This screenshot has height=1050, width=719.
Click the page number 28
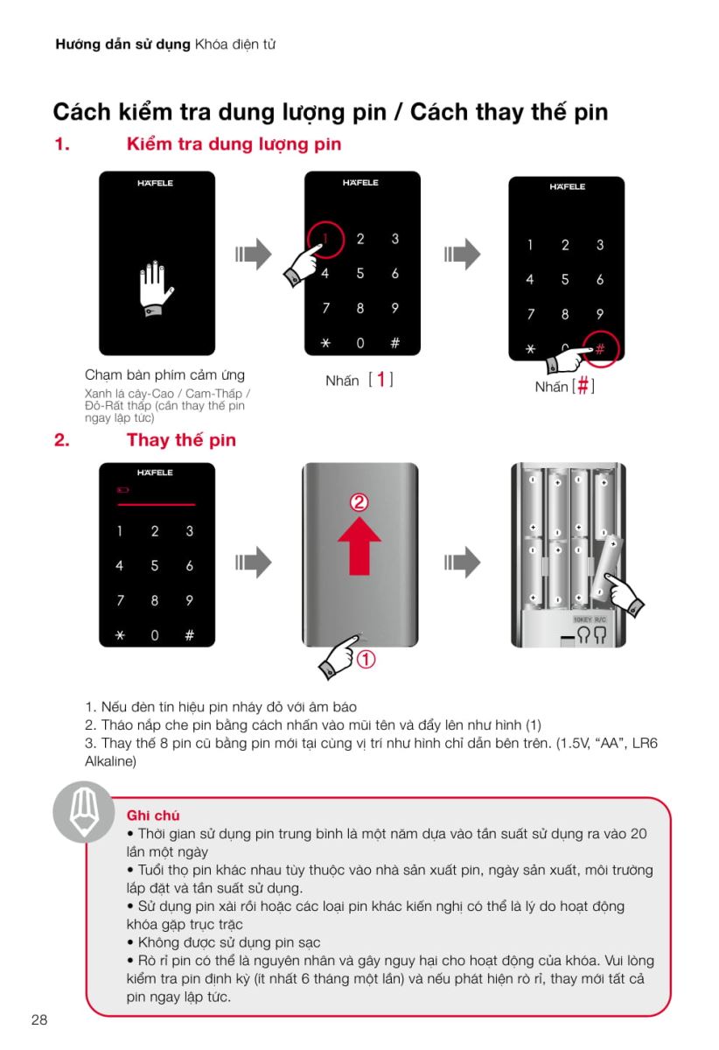point(38,1019)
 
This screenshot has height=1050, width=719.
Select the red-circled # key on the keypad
point(600,348)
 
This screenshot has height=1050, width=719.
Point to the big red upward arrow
point(359,543)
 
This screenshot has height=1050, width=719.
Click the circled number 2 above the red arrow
point(359,503)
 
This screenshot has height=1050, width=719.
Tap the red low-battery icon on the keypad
point(122,491)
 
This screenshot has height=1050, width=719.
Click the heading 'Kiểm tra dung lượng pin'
point(234,144)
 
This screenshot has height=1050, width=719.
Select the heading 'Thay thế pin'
point(181,440)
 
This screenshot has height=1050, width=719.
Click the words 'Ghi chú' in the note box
point(153,815)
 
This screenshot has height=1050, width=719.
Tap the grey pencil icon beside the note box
point(84,812)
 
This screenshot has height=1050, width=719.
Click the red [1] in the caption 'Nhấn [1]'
point(380,381)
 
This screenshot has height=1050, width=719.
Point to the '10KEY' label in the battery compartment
point(583,619)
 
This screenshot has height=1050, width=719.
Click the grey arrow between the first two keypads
point(254,255)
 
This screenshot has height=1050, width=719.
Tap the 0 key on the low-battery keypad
point(154,635)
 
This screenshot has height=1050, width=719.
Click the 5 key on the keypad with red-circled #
point(565,280)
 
